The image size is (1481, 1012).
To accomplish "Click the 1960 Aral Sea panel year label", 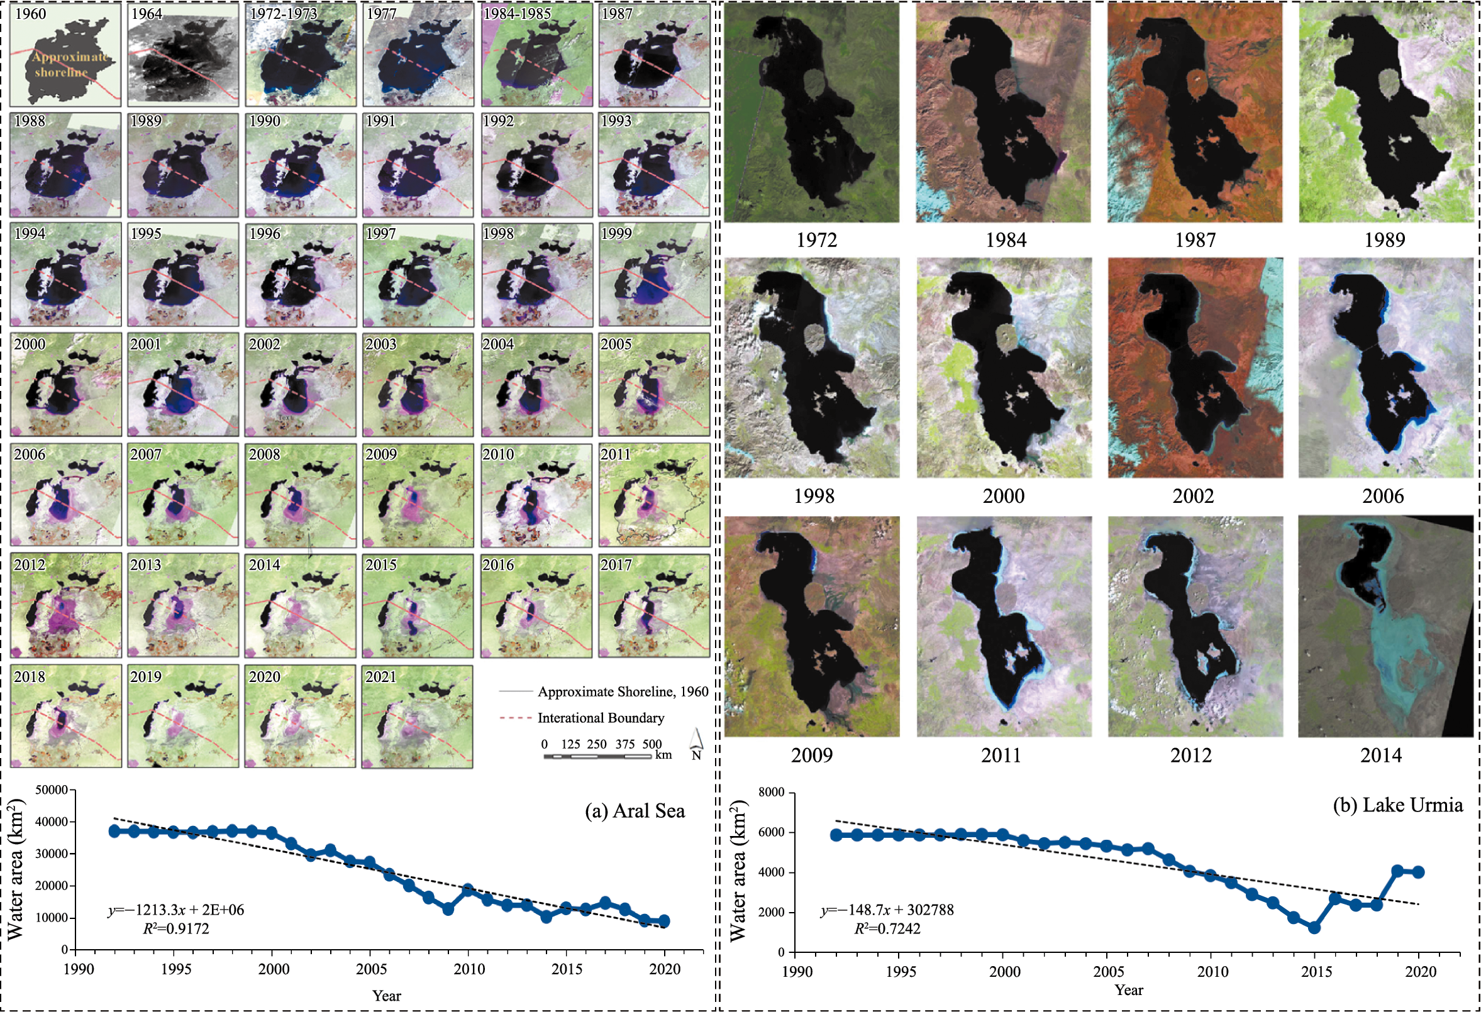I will (30, 14).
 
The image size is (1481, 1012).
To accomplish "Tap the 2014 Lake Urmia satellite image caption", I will (1381, 756).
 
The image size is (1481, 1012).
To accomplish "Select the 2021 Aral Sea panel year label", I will (381, 677).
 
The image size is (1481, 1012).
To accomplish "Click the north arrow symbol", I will (696, 744).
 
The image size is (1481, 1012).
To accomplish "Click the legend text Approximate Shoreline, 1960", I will (623, 691).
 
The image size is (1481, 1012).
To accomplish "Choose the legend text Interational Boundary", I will (601, 718).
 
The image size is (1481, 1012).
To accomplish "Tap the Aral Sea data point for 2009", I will (448, 909).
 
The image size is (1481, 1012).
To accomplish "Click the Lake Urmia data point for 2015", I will (1314, 928).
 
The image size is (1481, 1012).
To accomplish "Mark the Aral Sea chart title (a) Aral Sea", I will (635, 811).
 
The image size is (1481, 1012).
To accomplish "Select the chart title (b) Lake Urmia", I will (1397, 805).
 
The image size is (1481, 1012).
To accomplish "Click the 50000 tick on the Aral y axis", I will (52, 790).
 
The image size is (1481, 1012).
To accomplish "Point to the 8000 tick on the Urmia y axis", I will (772, 792).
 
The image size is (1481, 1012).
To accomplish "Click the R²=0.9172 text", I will (176, 928).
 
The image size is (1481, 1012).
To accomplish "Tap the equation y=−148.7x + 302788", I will (887, 910).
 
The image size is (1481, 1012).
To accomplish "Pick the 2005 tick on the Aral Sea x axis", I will (371, 969).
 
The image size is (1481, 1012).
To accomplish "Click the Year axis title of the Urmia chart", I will (1128, 990).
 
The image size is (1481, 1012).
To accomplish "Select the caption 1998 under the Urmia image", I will (813, 496).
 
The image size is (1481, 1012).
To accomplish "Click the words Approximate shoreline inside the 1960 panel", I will (67, 64).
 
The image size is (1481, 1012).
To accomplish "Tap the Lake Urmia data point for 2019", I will (1397, 871).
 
